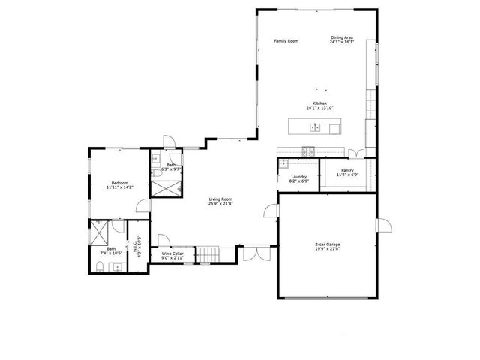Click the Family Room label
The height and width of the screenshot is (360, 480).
[286, 41]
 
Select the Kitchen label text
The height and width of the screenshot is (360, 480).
[319, 106]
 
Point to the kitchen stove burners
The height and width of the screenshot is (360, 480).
[309, 152]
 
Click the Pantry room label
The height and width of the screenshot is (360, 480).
[347, 172]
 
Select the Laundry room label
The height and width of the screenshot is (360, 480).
[299, 178]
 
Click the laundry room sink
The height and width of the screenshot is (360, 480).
[284, 163]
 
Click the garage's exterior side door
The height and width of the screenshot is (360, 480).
[383, 225]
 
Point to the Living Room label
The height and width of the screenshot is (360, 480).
[220, 202]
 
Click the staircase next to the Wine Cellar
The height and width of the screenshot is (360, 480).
[206, 256]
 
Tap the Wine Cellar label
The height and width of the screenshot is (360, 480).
[172, 256]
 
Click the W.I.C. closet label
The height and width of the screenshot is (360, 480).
[136, 245]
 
